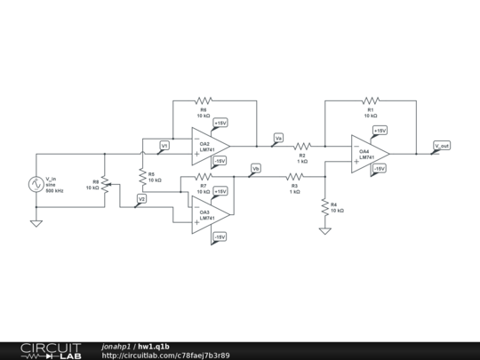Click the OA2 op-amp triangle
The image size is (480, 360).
coord(211,146)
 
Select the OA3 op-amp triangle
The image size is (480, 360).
coord(211,214)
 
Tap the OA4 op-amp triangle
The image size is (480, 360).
coord(369,153)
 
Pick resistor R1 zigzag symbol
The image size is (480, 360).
coord(371,100)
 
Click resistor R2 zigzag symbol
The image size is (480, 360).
coord(302,146)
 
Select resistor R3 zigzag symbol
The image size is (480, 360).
coord(294,177)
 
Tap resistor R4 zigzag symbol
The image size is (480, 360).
coord(324,206)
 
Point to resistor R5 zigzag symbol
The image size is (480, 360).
coord(141,178)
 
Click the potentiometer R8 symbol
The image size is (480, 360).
coord(105,185)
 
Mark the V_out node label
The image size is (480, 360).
coord(442,145)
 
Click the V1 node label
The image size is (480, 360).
coord(164,145)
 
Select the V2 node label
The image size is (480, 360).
coord(141,198)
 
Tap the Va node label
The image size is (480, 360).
coord(278,138)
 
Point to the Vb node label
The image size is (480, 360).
coord(256,168)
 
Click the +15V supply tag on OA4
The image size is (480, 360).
coord(380,131)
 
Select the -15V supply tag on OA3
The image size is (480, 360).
coord(220,236)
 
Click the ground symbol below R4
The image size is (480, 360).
coord(324,230)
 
